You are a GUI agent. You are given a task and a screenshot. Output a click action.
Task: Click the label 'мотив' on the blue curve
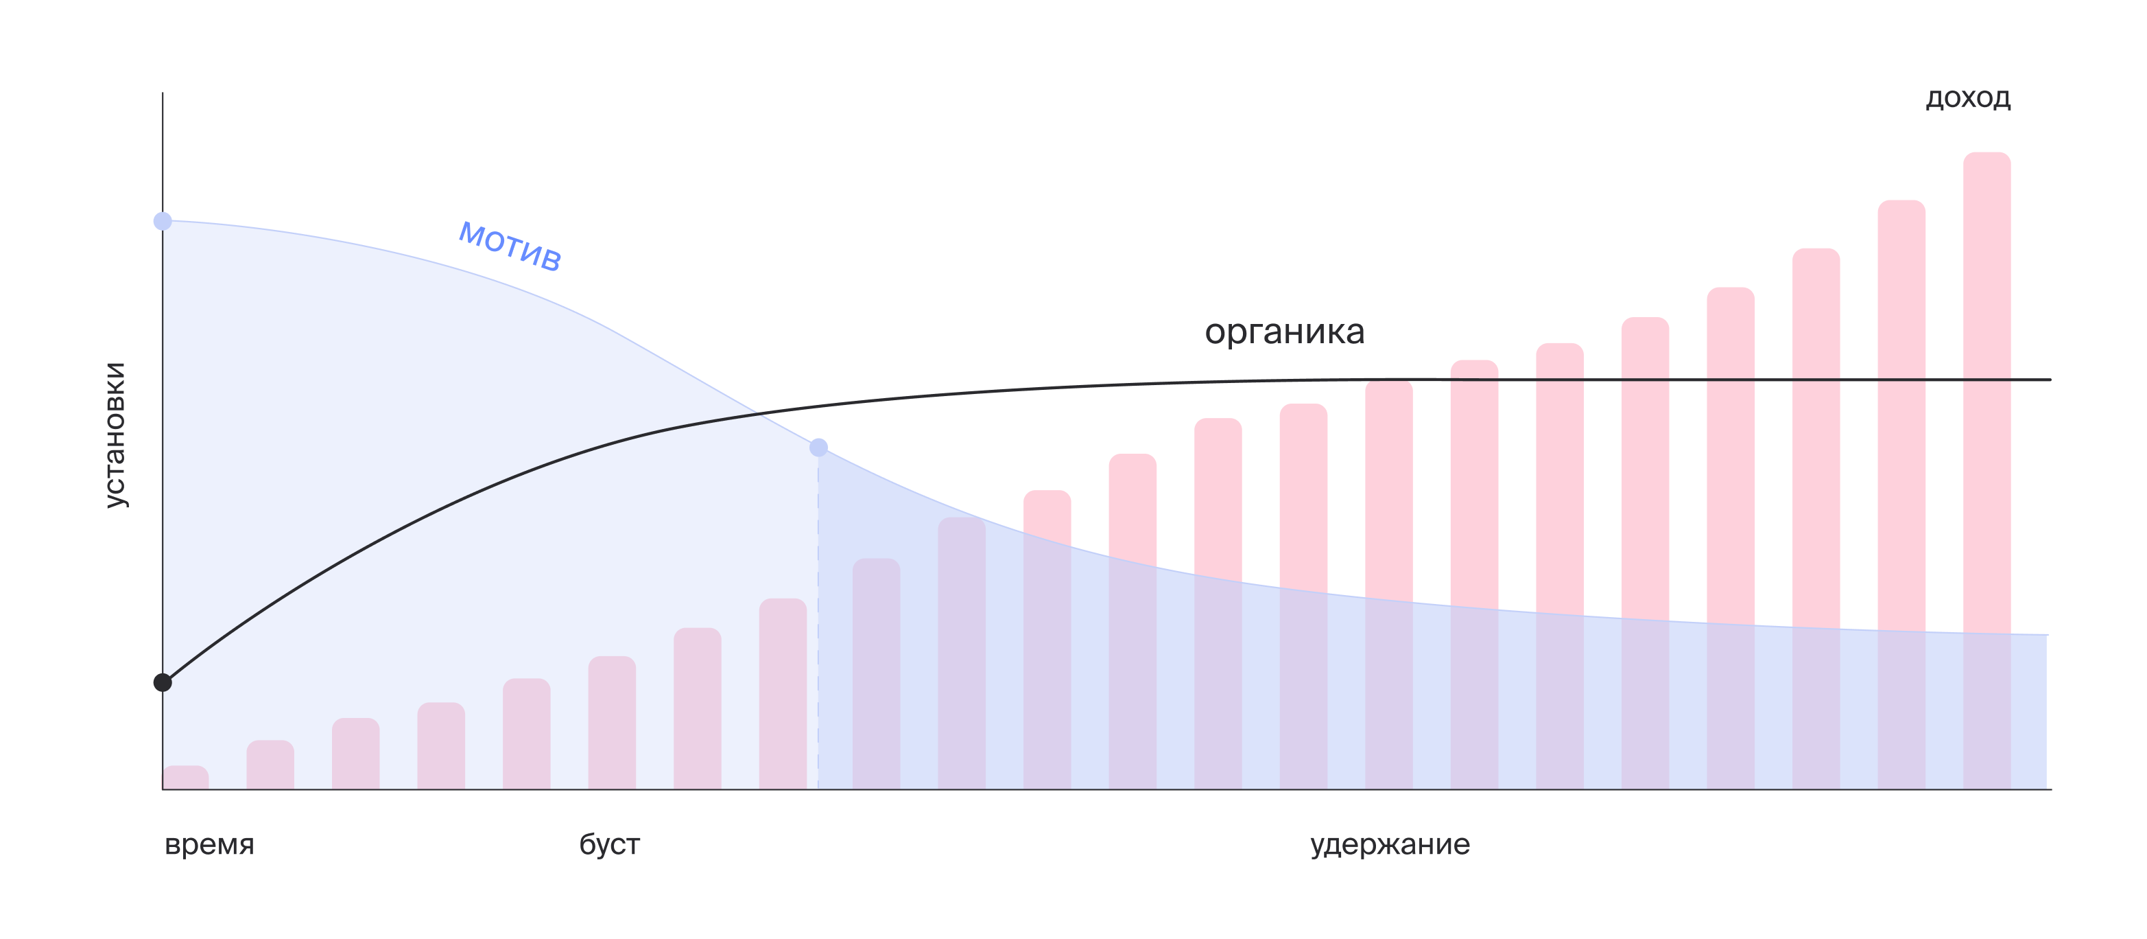coord(510,246)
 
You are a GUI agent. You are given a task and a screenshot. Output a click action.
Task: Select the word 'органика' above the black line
coord(1284,333)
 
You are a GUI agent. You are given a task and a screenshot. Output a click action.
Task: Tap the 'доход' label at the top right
coord(1968,98)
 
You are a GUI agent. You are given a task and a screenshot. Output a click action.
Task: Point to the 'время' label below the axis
coord(209,845)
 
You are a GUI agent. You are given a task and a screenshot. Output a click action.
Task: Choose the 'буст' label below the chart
coord(609,845)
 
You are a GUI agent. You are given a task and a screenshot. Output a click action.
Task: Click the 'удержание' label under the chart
coord(1390,845)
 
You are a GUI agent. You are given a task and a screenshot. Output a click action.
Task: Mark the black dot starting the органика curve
coord(163,682)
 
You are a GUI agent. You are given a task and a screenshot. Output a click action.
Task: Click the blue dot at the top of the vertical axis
coord(163,221)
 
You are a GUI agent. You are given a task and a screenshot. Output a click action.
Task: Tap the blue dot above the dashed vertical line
coord(818,448)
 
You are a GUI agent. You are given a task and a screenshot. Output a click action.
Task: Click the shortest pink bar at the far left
coord(185,778)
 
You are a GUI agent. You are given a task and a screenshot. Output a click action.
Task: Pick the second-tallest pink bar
coord(1901,492)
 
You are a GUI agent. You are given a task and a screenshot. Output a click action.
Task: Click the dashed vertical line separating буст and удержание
coord(818,625)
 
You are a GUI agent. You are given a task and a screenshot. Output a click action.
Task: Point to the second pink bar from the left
coord(270,765)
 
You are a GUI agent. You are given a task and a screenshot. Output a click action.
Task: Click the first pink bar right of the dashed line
coord(876,674)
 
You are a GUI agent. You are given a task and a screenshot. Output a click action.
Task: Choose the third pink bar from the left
coord(356,754)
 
